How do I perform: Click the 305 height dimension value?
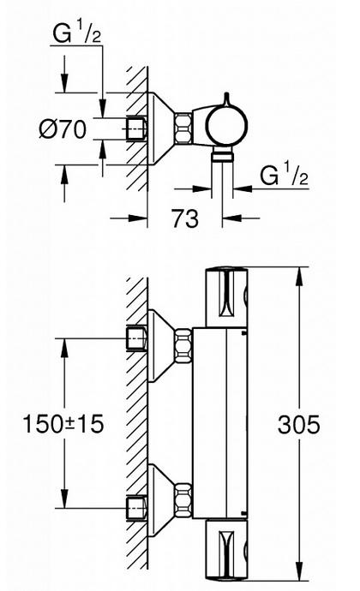pos(298,424)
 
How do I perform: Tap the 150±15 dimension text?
pos(63,423)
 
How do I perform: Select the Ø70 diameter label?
pos(63,129)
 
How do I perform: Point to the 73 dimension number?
pos(185,218)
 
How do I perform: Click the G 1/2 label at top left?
pos(76,33)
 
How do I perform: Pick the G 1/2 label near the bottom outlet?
pos(284,175)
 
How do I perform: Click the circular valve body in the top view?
pos(226,126)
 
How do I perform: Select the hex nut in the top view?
pos(183,128)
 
